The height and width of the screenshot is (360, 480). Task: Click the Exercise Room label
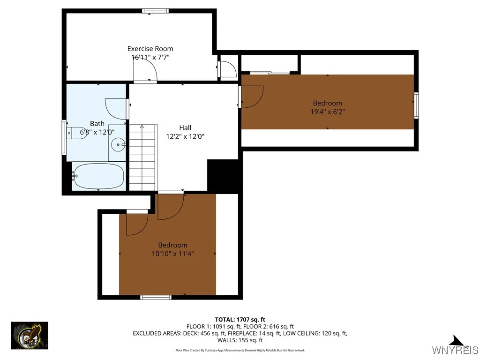pos(150,48)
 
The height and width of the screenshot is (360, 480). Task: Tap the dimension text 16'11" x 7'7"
pos(150,57)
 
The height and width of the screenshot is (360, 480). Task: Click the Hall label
pos(185,127)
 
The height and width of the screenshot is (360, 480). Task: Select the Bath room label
pos(97,124)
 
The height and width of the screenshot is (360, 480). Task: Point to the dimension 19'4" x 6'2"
pos(327,112)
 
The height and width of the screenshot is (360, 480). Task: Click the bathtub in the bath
pos(98,176)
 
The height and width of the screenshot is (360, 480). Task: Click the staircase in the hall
pos(142,157)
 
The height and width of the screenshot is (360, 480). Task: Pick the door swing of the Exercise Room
pos(145,71)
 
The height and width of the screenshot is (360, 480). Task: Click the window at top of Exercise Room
pos(156,11)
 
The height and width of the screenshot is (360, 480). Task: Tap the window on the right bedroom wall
pos(416,105)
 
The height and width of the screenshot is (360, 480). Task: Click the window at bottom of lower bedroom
pos(156,297)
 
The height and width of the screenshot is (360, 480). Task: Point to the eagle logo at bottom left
pos(30,335)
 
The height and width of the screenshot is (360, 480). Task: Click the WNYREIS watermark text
pos(455,350)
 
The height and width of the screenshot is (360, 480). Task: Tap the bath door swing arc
pos(116,108)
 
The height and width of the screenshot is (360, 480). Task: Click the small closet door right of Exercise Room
pos(228,69)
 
